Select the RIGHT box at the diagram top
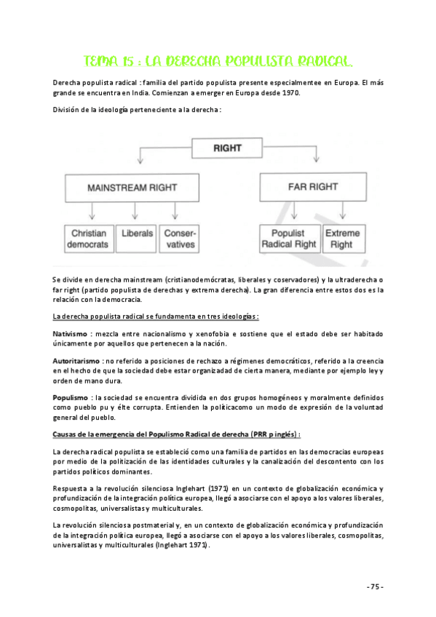click(226, 148)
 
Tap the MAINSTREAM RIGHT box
click(132, 187)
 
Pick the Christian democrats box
click(89, 239)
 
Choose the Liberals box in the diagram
click(138, 234)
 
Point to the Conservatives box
click(179, 239)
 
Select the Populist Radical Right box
click(289, 239)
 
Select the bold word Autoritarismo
click(76, 361)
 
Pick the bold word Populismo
click(71, 398)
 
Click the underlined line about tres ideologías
click(156, 316)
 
